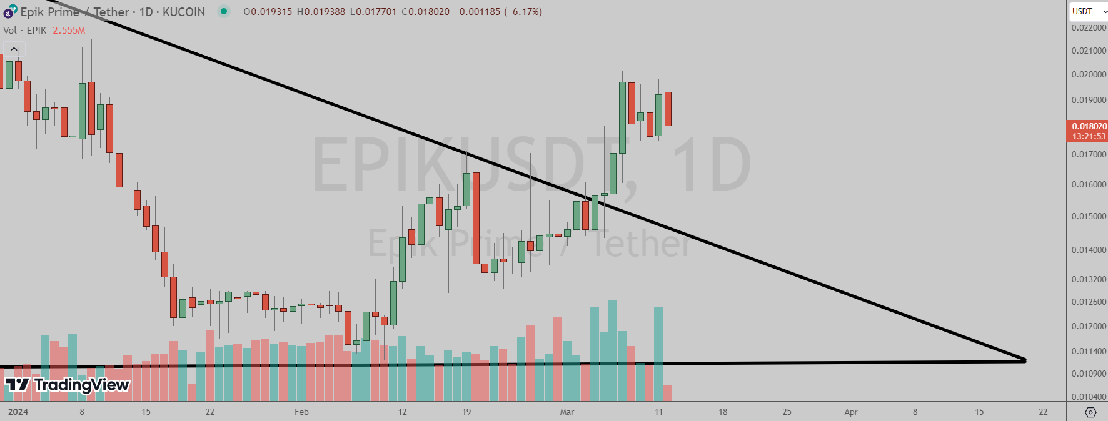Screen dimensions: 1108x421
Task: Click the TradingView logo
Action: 67,384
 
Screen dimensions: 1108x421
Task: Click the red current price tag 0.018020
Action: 1087,131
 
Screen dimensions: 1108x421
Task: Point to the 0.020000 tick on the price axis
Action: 1089,74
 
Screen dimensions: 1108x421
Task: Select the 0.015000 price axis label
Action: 1089,216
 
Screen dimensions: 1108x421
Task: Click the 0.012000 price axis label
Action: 1089,326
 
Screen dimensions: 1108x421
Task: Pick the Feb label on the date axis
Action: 301,412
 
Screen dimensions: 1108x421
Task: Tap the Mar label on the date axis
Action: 567,412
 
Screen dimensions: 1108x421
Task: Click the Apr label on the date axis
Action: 850,412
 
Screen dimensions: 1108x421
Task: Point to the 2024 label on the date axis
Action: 18,412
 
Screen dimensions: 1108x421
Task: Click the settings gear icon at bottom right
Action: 1090,412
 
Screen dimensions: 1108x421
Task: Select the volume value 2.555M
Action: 69,30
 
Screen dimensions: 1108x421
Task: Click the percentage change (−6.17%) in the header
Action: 523,11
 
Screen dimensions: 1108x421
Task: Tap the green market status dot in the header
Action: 223,11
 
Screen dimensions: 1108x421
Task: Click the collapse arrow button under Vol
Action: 14,49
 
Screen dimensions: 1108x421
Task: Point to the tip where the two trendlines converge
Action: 1025,360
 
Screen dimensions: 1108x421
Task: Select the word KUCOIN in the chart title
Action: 184,12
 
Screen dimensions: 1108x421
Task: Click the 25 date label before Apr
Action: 787,412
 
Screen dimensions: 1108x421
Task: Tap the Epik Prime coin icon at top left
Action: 10,12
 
